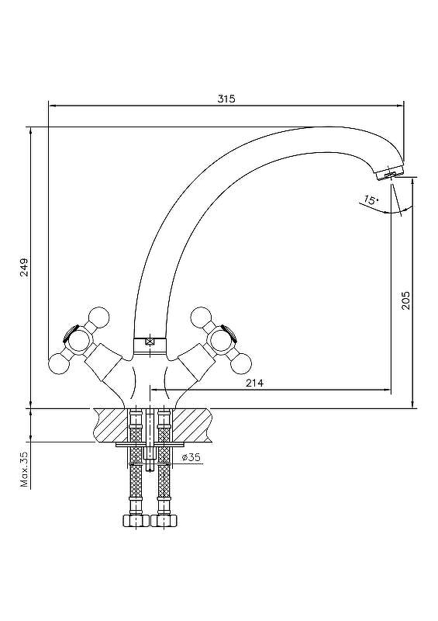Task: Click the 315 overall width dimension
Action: pyautogui.click(x=226, y=99)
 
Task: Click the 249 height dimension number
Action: pyautogui.click(x=25, y=267)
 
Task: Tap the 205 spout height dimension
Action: pyautogui.click(x=406, y=300)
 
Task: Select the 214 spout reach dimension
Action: pyautogui.click(x=254, y=383)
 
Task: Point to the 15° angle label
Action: pyautogui.click(x=371, y=200)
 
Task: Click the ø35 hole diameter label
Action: pyautogui.click(x=191, y=457)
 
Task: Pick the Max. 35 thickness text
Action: pyautogui.click(x=25, y=470)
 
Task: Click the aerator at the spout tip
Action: pyautogui.click(x=389, y=174)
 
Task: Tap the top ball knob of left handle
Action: pyautogui.click(x=98, y=317)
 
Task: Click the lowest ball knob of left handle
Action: pyautogui.click(x=58, y=363)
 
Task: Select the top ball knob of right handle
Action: pyautogui.click(x=201, y=317)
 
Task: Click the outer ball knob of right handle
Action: pyautogui.click(x=241, y=363)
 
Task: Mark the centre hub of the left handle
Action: pyautogui.click(x=79, y=341)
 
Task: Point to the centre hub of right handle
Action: pyautogui.click(x=221, y=341)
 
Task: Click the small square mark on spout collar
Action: pyautogui.click(x=150, y=341)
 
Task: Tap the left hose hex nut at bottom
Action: pyautogui.click(x=136, y=520)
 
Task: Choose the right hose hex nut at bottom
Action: pyautogui.click(x=164, y=520)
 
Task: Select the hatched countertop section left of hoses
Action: pyautogui.click(x=111, y=425)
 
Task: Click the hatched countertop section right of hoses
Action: pyautogui.click(x=191, y=425)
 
